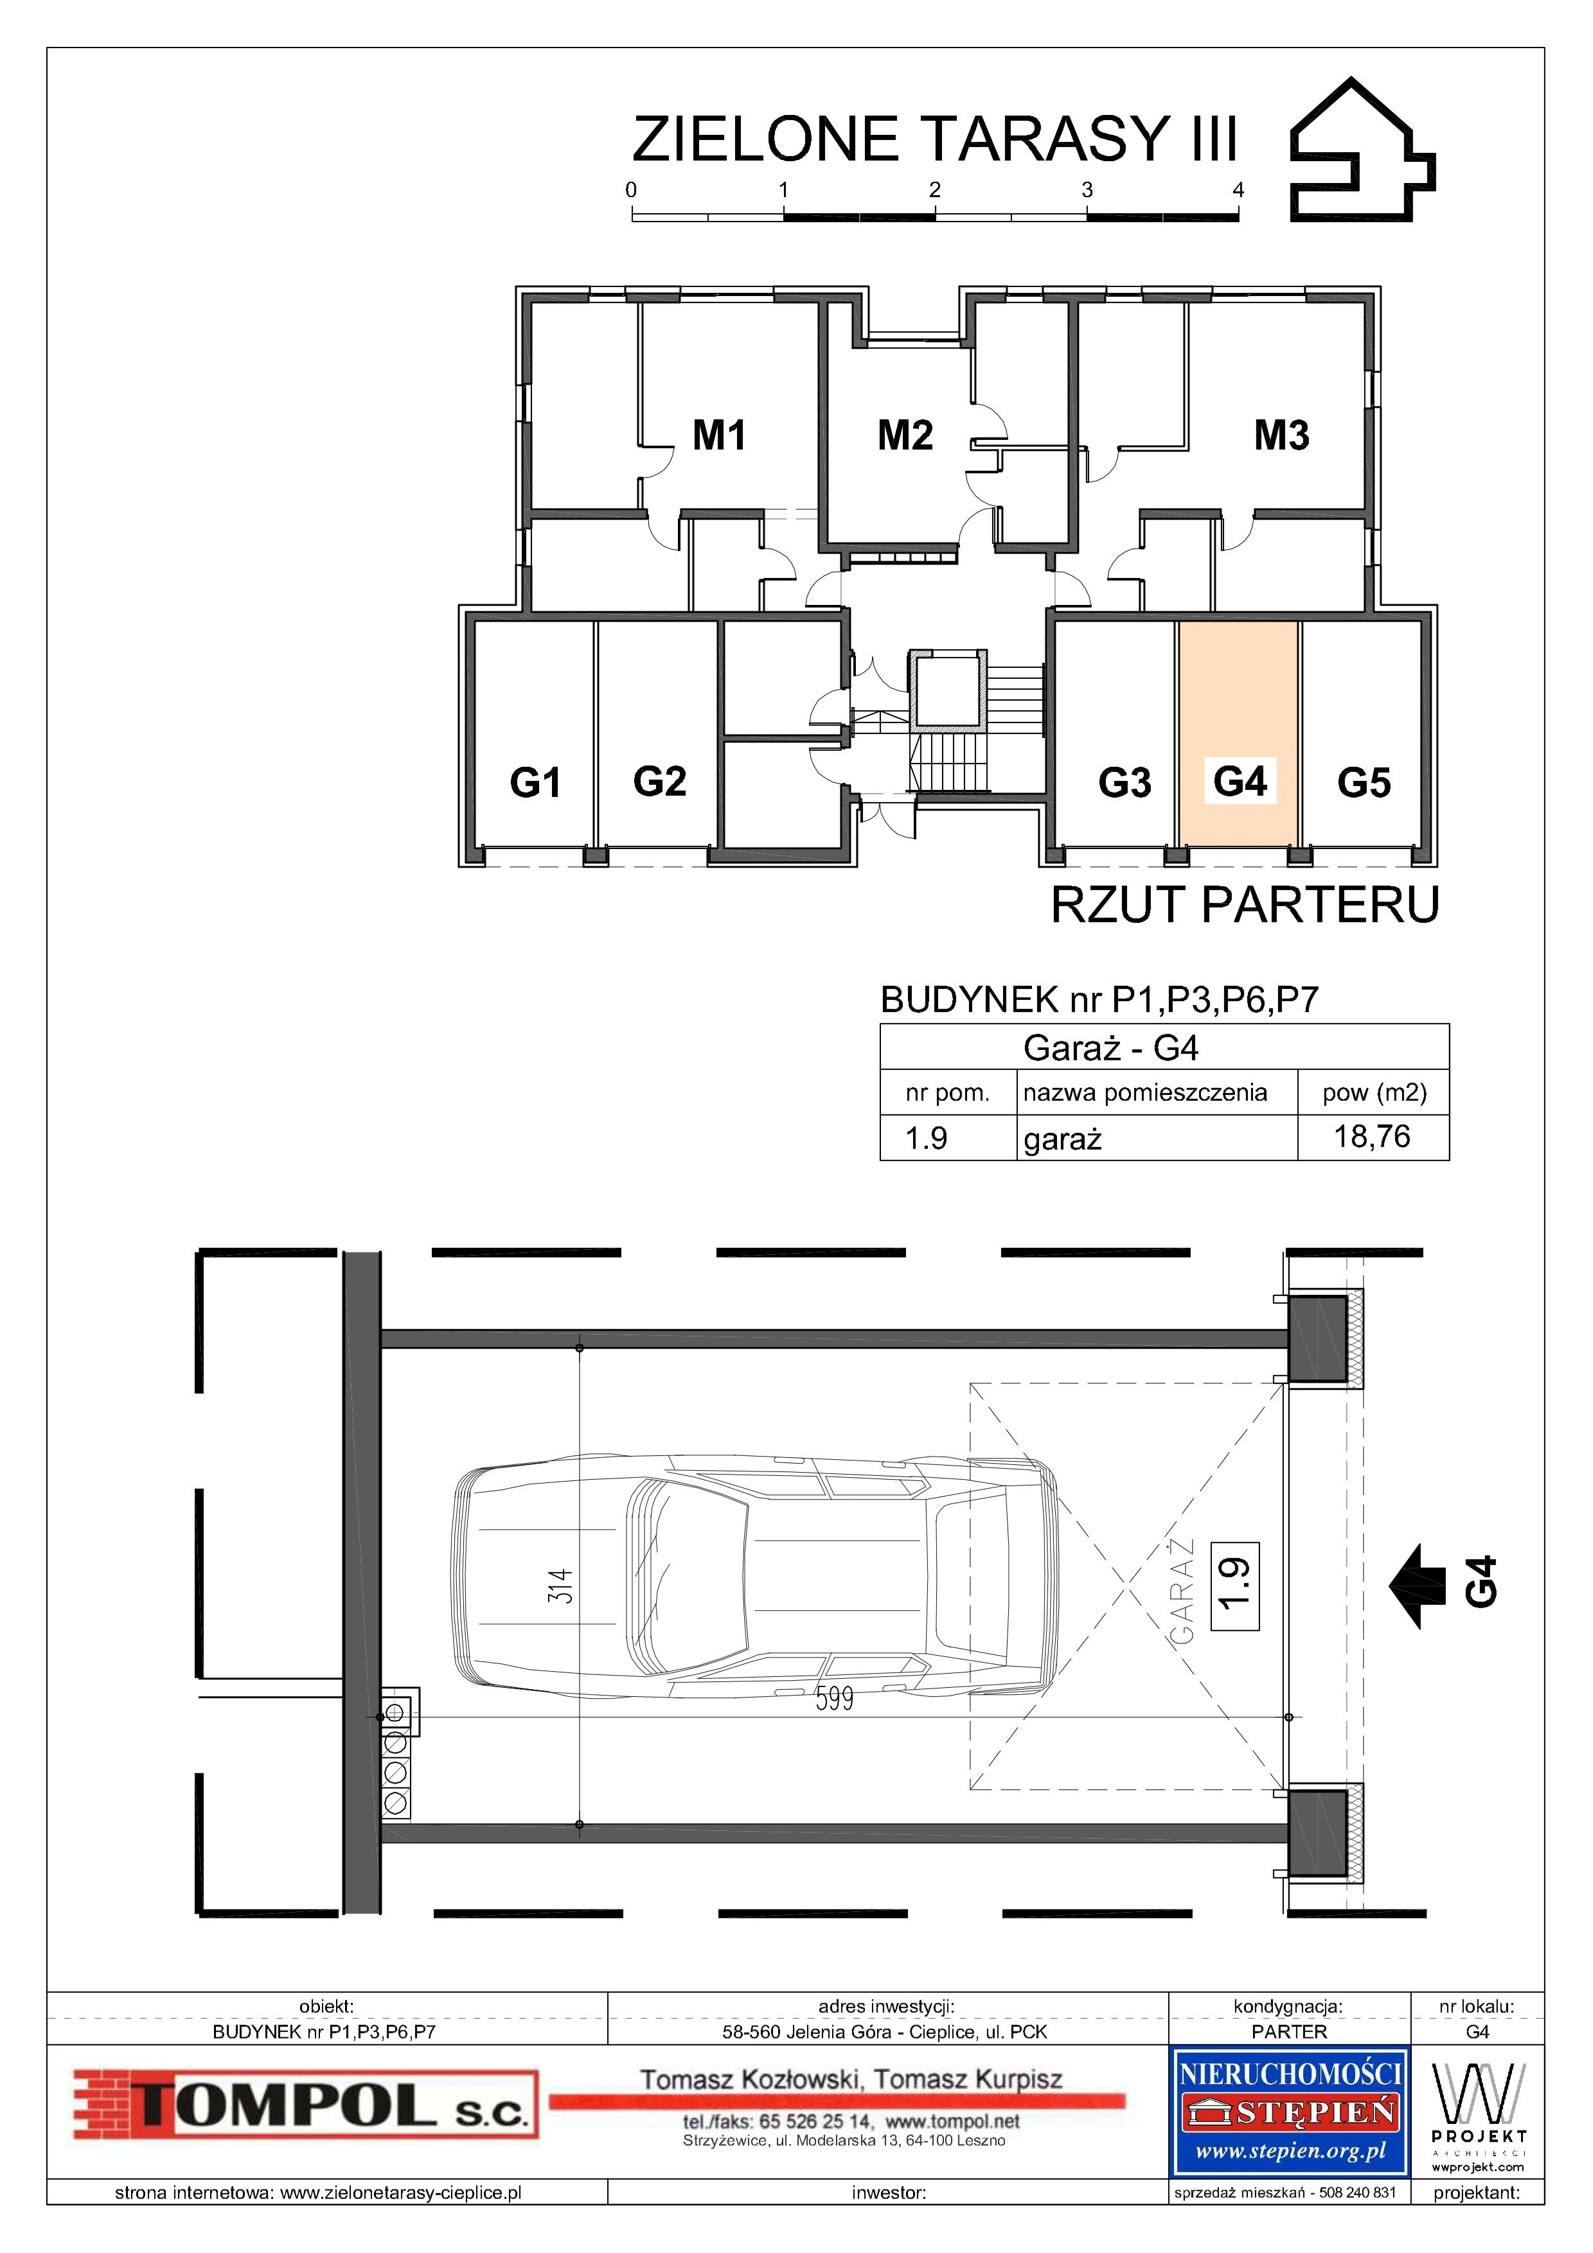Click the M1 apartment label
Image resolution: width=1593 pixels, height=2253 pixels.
720,435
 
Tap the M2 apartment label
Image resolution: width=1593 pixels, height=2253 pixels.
905,435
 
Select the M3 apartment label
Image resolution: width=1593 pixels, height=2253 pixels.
1282,435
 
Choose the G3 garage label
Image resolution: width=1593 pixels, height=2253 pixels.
1124,782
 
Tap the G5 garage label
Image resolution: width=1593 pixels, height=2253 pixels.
1364,782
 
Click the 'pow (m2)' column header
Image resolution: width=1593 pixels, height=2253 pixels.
1374,1092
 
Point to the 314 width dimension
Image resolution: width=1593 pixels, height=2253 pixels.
560,1585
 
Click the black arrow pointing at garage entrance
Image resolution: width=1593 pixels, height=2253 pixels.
1418,1587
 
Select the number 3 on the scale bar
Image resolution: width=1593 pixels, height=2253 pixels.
1087,190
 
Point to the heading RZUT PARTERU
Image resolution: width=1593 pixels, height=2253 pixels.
1245,905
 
